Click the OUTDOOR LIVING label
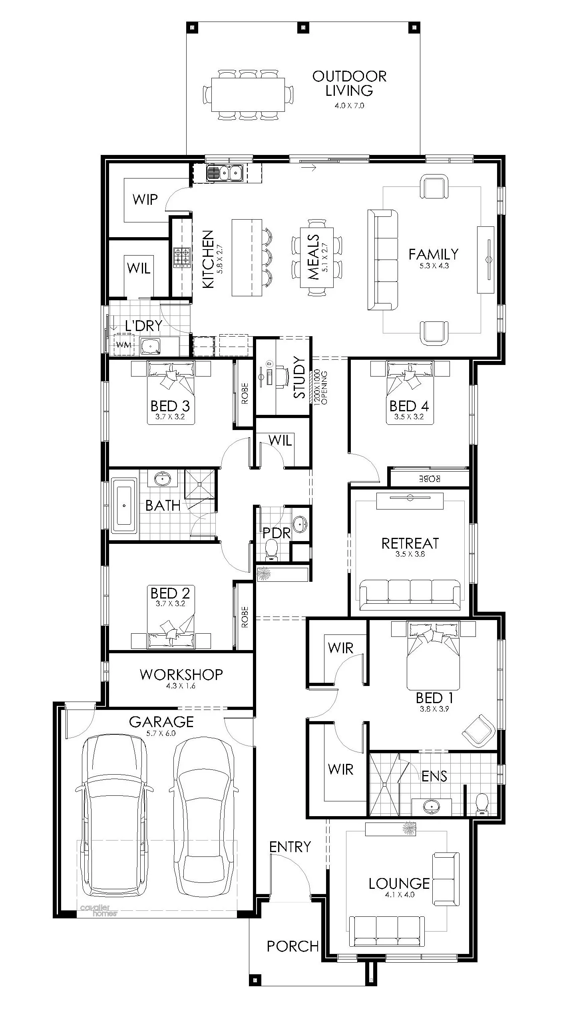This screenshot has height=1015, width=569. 349,83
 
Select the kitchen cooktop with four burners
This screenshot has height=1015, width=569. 181,257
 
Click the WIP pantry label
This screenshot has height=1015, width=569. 145,199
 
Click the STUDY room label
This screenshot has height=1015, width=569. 299,377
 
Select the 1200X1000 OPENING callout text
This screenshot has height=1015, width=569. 320,388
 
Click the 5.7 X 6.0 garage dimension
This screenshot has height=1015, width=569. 161,733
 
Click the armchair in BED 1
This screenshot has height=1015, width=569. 477,731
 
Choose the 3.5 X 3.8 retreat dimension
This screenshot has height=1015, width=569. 410,554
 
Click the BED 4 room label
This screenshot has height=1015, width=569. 409,406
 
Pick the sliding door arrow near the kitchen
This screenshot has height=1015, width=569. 308,168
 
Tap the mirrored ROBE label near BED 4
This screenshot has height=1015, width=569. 429,478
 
